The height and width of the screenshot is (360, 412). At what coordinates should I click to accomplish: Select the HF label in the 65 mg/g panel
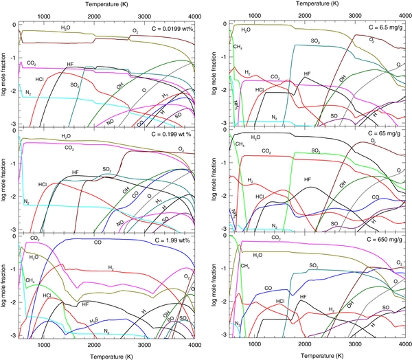click(x=307, y=179)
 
